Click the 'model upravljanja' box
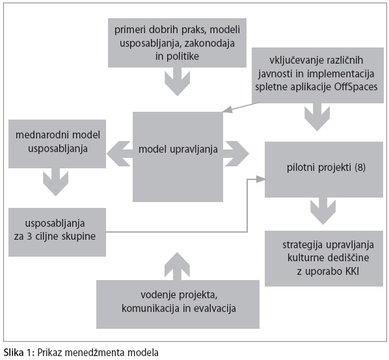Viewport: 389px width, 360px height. (x=178, y=157)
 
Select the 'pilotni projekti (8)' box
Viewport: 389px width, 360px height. (x=324, y=170)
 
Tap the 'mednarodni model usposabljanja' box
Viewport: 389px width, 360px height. (x=57, y=144)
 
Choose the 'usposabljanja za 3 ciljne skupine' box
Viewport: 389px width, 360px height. (x=57, y=232)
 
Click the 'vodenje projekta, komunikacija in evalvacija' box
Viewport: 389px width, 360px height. (x=178, y=304)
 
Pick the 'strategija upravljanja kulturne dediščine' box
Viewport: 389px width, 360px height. (x=324, y=259)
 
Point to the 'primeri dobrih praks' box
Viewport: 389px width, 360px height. (x=177, y=43)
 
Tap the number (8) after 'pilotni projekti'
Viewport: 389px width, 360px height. (x=360, y=168)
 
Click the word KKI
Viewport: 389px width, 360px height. (x=352, y=272)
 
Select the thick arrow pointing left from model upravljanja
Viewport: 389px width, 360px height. (x=120, y=153)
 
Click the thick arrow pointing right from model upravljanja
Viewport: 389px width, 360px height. (x=236, y=153)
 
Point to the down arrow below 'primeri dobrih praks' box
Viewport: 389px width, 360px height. (x=177, y=81)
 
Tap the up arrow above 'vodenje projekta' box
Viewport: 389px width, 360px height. (x=177, y=266)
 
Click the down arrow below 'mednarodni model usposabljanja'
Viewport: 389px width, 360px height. (x=55, y=182)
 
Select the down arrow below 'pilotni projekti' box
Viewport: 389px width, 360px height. (x=323, y=211)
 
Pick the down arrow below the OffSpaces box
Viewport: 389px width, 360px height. (x=317, y=117)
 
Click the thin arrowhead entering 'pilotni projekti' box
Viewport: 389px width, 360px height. (x=260, y=179)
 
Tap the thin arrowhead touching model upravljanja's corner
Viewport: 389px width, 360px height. (x=228, y=109)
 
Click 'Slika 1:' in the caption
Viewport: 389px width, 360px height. (x=19, y=352)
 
